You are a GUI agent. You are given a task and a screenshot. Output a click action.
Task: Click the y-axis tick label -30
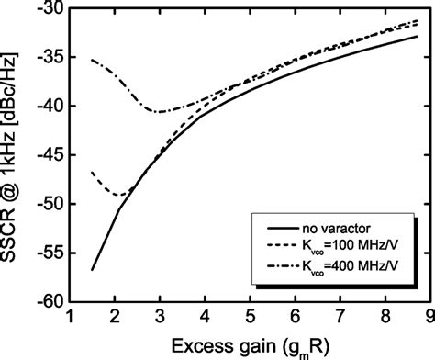pyautogui.click(x=49, y=10)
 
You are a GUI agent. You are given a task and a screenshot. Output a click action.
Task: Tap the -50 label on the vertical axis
pyautogui.click(x=49, y=204)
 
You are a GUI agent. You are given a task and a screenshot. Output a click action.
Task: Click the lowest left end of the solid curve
pyautogui.click(x=92, y=269)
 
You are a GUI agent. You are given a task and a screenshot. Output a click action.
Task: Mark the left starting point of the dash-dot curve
pyautogui.click(x=92, y=60)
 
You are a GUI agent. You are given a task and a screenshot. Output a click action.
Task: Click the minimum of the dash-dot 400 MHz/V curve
pyautogui.click(x=159, y=112)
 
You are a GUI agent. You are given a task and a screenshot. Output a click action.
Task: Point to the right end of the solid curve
pyautogui.click(x=418, y=37)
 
